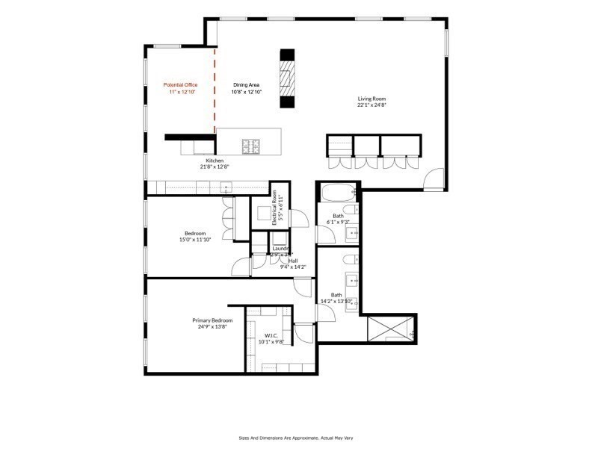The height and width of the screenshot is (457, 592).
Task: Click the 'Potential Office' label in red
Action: (x=180, y=85)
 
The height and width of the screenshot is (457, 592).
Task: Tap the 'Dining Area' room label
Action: (x=246, y=85)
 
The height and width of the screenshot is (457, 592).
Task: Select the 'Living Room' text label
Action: (x=371, y=98)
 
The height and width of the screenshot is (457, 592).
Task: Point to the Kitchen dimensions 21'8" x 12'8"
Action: (x=215, y=167)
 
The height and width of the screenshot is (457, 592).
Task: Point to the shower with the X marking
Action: (x=389, y=328)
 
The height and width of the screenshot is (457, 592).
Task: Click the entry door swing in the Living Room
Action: (x=432, y=178)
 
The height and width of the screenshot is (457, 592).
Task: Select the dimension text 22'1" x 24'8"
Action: (x=371, y=105)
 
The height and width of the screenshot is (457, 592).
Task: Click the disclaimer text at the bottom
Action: (x=295, y=438)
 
